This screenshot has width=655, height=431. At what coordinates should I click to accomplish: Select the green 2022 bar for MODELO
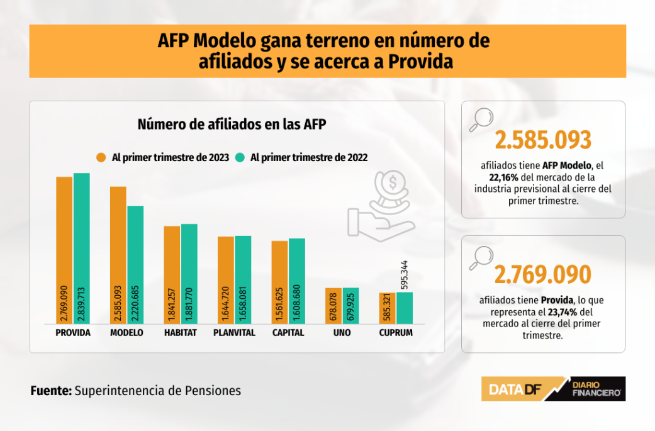pos(135,264)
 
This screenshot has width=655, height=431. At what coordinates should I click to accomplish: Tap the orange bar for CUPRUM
pos(387,308)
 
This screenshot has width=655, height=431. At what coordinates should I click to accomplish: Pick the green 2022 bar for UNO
pos(350,306)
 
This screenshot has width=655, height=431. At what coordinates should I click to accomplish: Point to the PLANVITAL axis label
pos(234,333)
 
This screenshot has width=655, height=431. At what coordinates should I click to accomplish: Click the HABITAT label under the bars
pos(181,333)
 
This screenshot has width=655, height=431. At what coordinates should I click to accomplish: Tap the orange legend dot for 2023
pos(101,157)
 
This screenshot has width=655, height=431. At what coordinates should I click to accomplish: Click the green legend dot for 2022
pos(240,157)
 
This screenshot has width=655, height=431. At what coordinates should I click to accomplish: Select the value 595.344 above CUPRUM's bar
pos(404,271)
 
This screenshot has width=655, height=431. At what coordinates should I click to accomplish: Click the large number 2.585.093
pos(543,140)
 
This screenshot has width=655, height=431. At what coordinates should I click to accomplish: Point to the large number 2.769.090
pos(543,275)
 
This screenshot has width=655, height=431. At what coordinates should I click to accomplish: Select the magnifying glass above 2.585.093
pos(482,120)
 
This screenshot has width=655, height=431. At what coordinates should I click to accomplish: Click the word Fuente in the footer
pos(51,390)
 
